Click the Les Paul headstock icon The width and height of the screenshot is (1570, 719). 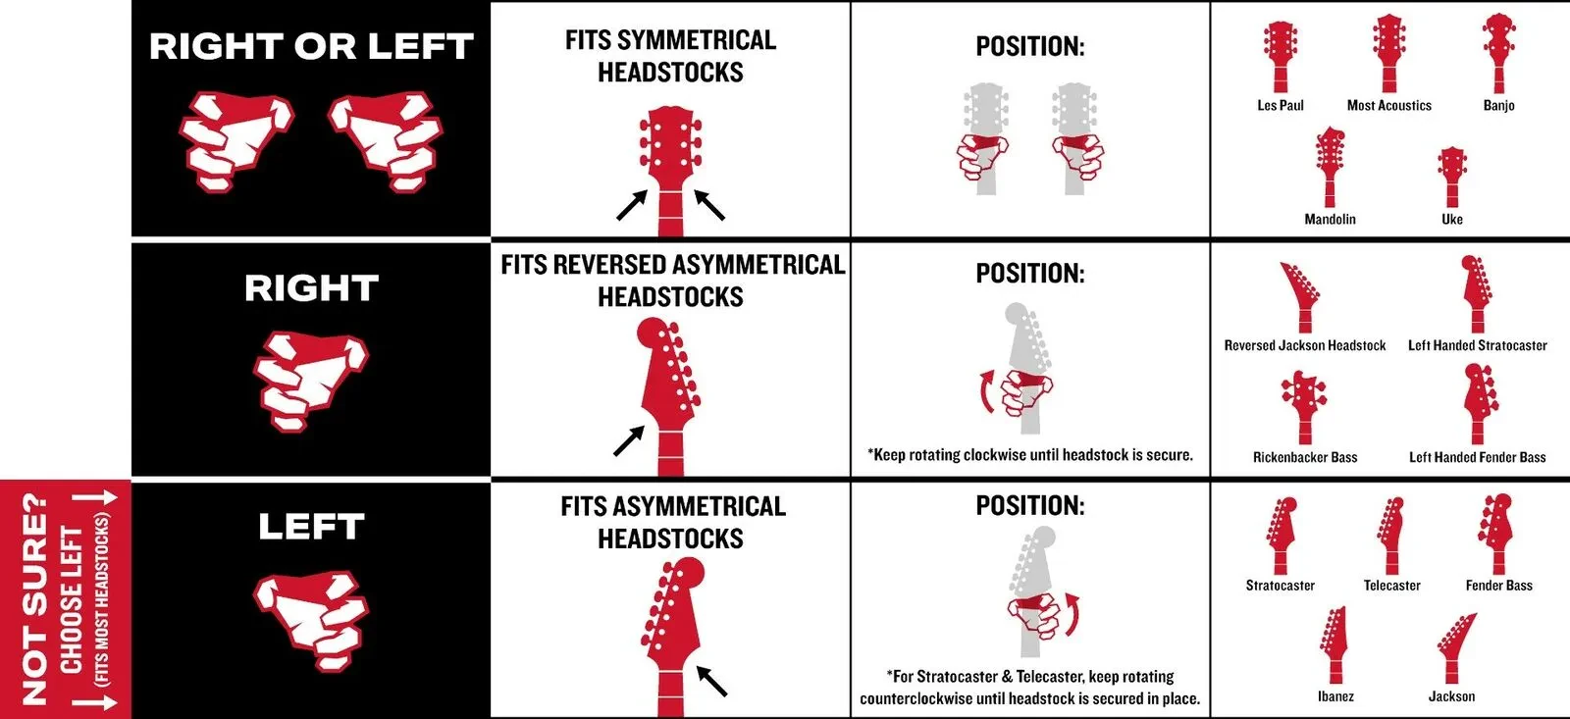[1281, 55]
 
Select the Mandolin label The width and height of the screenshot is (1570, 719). [1330, 219]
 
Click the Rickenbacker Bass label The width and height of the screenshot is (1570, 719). [1305, 457]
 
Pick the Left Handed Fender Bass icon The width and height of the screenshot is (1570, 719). [1478, 402]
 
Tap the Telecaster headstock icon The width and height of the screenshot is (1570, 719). [1391, 536]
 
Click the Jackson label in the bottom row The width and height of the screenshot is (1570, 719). [1451, 696]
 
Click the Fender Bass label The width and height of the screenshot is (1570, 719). [1498, 586]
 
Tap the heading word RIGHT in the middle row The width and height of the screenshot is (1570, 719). [311, 288]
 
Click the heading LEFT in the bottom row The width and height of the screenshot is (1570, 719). [311, 527]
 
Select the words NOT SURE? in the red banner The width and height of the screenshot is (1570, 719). [34, 597]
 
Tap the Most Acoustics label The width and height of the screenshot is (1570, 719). [1388, 106]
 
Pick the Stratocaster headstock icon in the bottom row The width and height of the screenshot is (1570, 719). [1281, 536]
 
